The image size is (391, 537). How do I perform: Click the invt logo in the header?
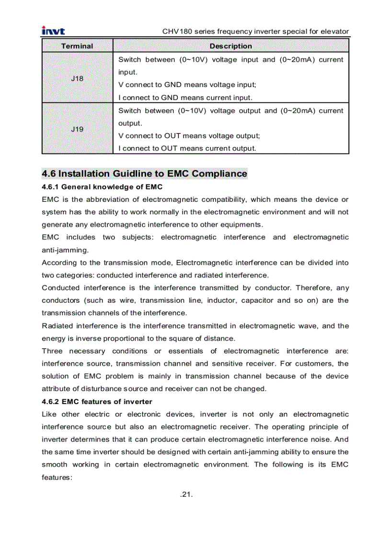click(x=53, y=31)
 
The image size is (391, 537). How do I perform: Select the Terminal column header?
click(x=77, y=46)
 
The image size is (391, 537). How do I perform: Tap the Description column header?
click(x=230, y=46)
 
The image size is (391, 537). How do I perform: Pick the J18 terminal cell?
click(x=77, y=78)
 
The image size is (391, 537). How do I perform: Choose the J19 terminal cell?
click(x=77, y=129)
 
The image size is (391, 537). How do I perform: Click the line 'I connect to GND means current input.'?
click(x=185, y=98)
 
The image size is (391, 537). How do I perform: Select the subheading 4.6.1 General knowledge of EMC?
click(x=102, y=186)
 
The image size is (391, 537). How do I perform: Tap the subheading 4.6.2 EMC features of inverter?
click(x=97, y=402)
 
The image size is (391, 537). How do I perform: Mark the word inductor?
click(x=221, y=301)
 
